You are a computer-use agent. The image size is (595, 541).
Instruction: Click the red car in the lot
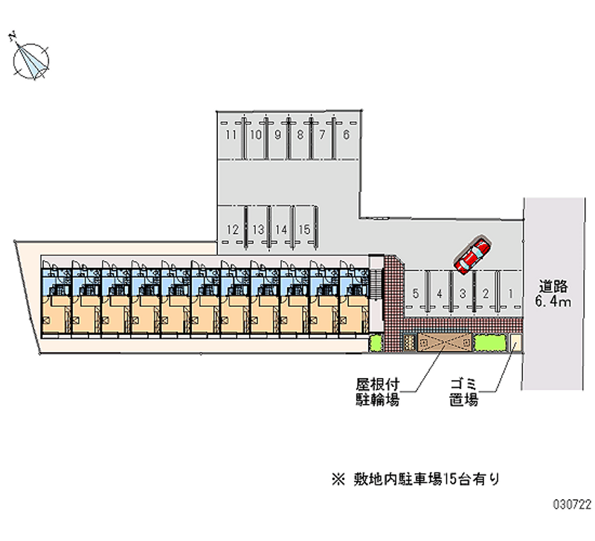472,255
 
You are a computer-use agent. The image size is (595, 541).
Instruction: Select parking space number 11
231,135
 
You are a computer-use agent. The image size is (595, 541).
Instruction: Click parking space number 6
346,135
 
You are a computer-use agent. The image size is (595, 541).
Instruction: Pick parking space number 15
303,229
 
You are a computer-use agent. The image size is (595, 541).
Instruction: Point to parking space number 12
232,229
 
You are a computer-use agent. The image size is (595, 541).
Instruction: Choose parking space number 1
511,293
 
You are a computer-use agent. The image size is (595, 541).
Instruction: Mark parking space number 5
416,293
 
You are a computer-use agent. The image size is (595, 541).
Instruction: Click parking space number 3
463,293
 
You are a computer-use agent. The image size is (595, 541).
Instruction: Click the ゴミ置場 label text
464,392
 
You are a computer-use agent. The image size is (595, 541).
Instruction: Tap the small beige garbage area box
515,342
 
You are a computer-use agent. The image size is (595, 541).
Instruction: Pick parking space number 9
277,135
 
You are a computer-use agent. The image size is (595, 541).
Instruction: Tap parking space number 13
257,229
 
